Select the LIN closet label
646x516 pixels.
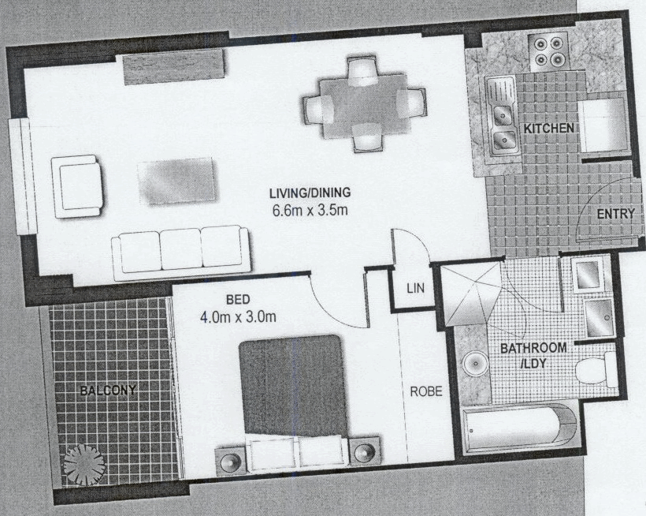coord(415,289)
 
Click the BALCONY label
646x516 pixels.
coord(107,390)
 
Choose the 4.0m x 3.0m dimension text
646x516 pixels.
coord(238,319)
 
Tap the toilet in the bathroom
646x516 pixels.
coord(596,369)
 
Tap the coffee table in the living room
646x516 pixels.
coord(176,181)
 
